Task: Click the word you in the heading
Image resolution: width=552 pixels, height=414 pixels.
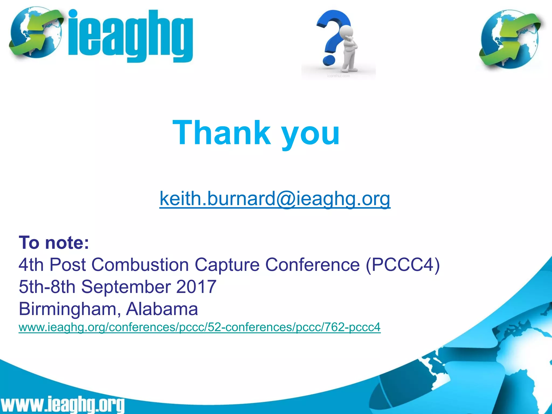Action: click(x=310, y=135)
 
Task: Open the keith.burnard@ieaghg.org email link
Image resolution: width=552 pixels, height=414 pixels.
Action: click(x=275, y=198)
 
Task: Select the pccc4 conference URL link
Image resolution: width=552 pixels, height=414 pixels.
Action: click(x=199, y=327)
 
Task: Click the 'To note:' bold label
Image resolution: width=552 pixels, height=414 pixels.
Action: click(x=54, y=243)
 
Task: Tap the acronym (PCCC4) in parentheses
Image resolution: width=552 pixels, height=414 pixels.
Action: click(x=403, y=264)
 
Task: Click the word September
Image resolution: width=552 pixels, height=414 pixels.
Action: click(x=126, y=287)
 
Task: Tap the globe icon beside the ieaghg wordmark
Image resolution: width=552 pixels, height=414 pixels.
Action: click(x=35, y=32)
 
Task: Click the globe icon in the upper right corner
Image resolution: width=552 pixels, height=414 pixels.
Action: click(x=509, y=39)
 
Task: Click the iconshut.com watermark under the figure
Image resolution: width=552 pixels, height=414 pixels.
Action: click(x=338, y=76)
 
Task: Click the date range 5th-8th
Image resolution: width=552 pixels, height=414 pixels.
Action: click(x=47, y=287)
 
